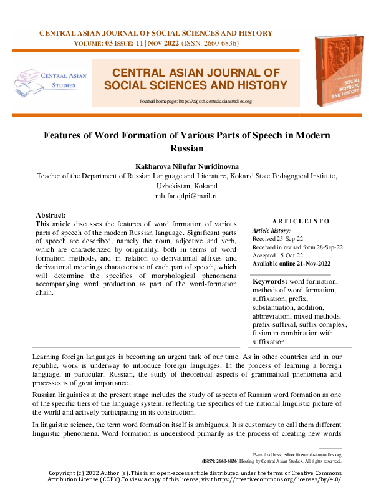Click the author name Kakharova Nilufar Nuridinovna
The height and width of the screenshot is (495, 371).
coord(186,166)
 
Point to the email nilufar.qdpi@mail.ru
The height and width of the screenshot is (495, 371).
coord(186,196)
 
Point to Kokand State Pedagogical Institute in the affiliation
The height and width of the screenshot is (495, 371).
coord(276,176)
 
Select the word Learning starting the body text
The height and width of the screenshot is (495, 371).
coord(49,357)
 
